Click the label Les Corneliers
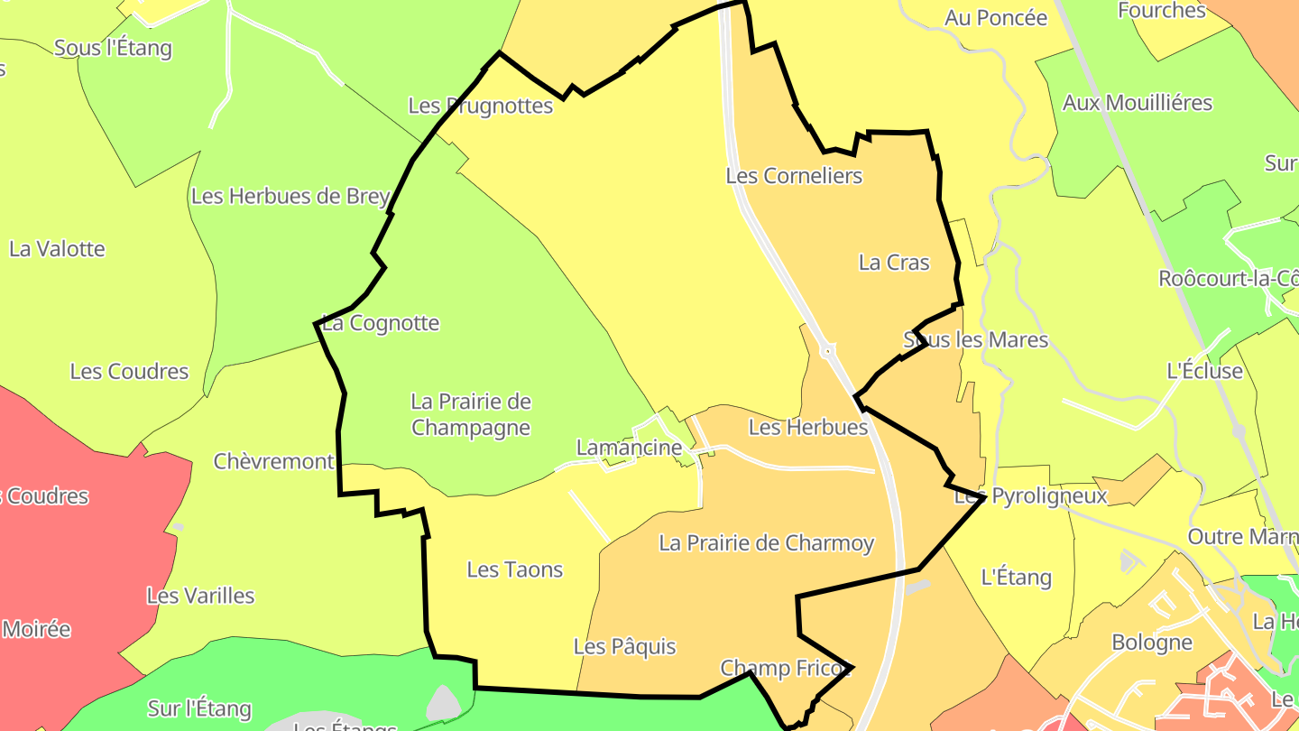coord(794,176)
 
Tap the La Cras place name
coord(894,263)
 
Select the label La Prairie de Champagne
coord(471,414)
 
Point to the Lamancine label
coord(630,448)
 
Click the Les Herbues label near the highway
coord(808,427)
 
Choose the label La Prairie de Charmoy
coord(766,543)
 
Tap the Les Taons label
coord(514,569)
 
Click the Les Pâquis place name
coord(624,647)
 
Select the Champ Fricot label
coord(786,669)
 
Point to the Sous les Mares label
coord(976,340)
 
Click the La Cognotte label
coord(381,323)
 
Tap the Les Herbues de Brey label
coord(290,196)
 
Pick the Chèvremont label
coord(273,462)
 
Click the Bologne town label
coord(1152,643)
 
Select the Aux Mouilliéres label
coord(1138,103)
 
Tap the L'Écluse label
coord(1204,371)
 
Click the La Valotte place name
coord(57,249)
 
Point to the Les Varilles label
coord(200,596)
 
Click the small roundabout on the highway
coord(827,350)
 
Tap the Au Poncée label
coord(996,18)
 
